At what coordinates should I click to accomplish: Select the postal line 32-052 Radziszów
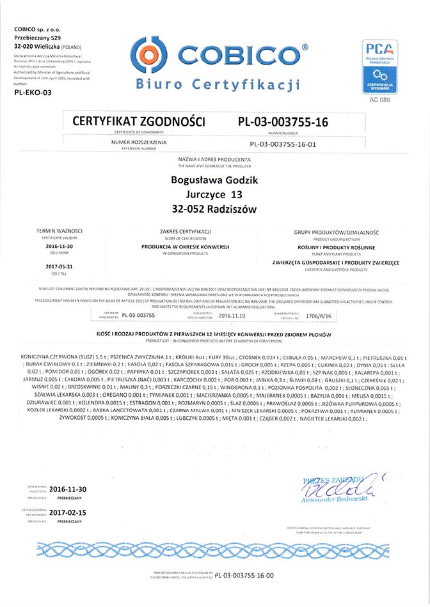point(215,209)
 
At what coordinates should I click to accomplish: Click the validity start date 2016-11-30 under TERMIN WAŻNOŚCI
point(61,245)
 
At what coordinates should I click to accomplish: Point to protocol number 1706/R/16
point(321,315)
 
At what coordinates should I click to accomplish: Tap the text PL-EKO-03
point(33,93)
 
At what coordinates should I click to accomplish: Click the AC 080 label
point(380,100)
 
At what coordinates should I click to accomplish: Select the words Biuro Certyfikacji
point(218,84)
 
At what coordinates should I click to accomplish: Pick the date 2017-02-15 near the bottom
point(67,512)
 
